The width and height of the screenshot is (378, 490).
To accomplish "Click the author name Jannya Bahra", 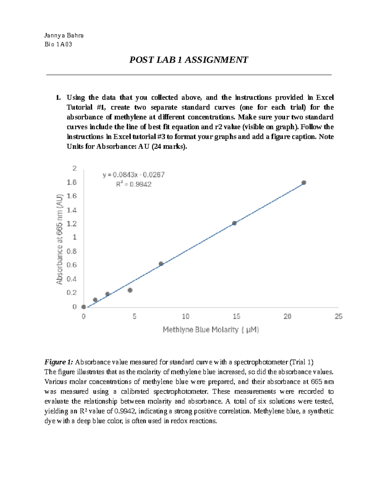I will click(x=64, y=35).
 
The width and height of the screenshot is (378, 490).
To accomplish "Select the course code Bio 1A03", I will click(x=58, y=44).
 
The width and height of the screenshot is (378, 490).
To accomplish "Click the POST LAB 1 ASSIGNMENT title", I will click(x=189, y=60).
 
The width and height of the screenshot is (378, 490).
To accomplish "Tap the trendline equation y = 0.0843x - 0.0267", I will click(x=134, y=175).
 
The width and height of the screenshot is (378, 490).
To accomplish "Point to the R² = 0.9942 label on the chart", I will click(x=134, y=184).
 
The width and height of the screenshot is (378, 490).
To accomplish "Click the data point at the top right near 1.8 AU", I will click(x=304, y=183).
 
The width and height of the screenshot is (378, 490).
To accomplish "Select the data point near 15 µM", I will click(x=234, y=223).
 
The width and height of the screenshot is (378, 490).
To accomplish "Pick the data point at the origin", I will click(x=83, y=307).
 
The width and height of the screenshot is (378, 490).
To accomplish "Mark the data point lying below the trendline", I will click(x=130, y=290).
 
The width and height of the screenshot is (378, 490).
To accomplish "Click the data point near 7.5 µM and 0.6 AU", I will click(x=161, y=264).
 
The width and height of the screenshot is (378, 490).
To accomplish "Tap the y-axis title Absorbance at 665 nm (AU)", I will click(x=60, y=239).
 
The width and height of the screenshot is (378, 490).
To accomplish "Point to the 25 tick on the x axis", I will click(x=338, y=316).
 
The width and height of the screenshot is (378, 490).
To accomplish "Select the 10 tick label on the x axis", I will click(x=186, y=316).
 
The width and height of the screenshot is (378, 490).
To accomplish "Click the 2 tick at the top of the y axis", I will click(x=75, y=168).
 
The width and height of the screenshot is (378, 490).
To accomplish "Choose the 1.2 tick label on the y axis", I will click(x=72, y=224).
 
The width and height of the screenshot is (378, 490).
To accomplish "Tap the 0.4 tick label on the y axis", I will click(x=72, y=279).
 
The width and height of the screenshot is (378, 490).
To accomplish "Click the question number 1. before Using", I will click(x=58, y=97).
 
